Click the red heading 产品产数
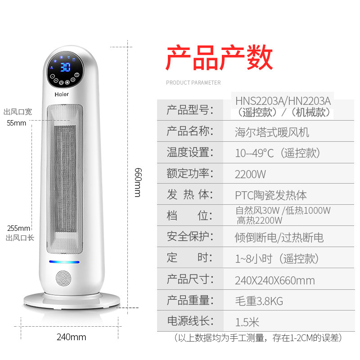[220, 57]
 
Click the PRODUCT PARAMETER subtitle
[193, 83]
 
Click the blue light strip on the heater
[64, 262]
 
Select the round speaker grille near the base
[64, 279]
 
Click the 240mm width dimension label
[71, 337]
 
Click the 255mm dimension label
[18, 228]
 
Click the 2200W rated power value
[251, 174]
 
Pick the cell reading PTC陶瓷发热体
[271, 195]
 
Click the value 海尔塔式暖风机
[272, 133]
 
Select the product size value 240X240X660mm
[274, 281]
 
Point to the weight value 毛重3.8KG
[259, 301]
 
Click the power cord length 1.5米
[247, 322]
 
